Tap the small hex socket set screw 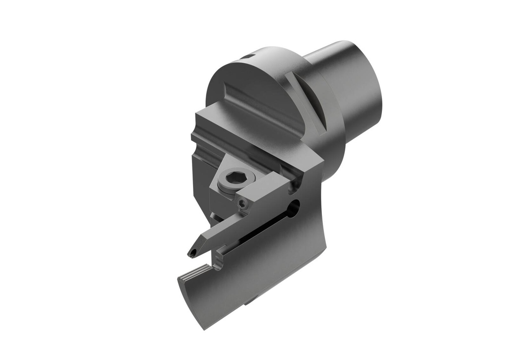point(243,203)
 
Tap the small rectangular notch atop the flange point(248,57)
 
